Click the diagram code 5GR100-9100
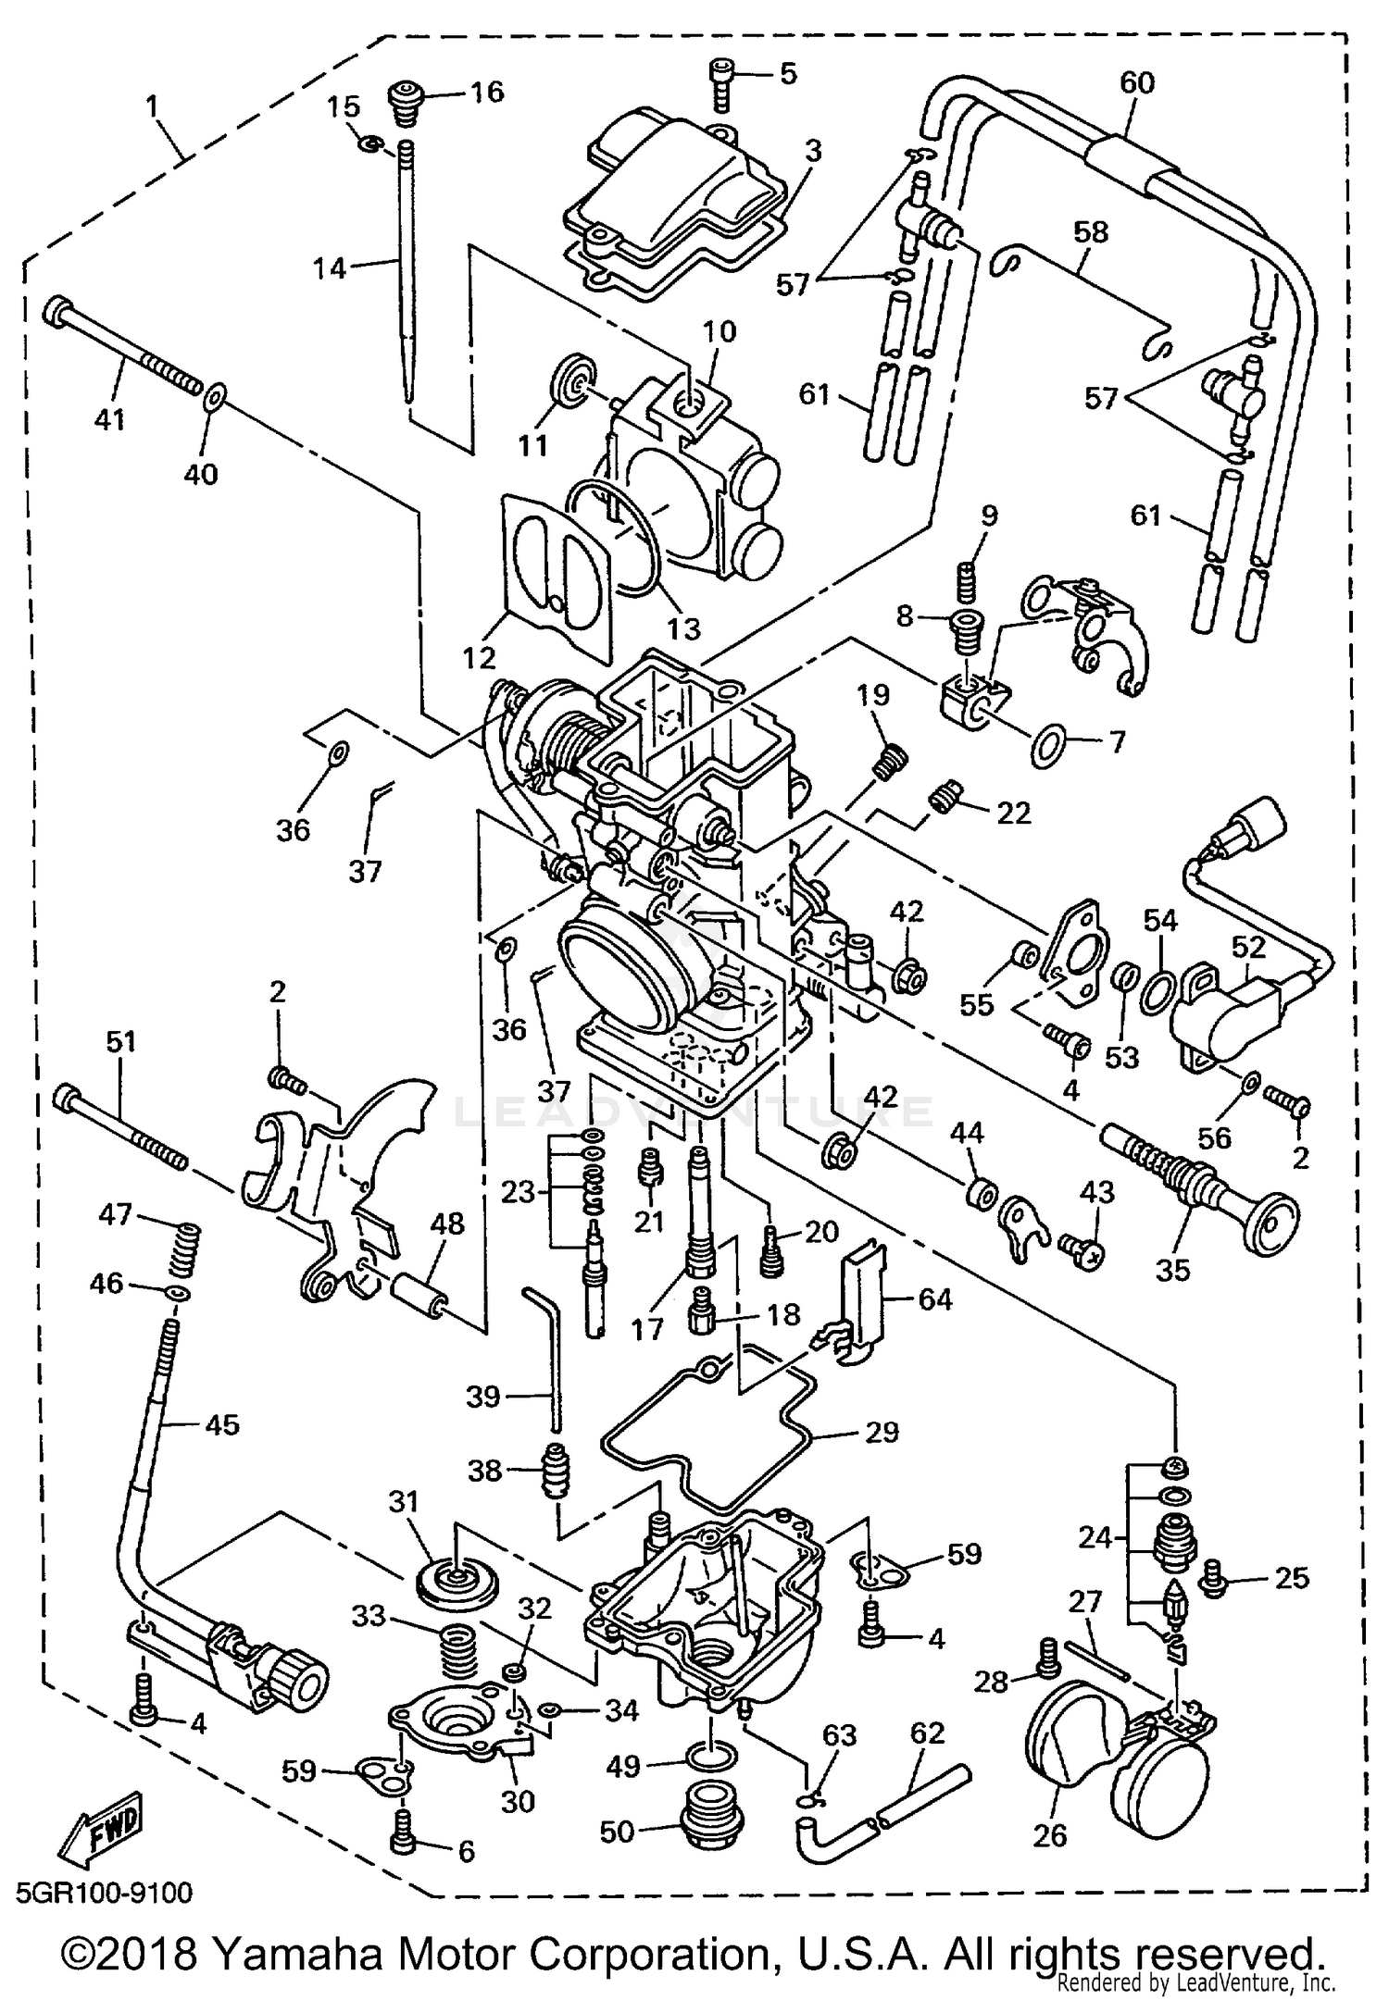[105, 1893]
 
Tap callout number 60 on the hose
[1137, 82]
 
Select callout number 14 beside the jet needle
[330, 268]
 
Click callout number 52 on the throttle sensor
[1247, 946]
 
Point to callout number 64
[935, 1298]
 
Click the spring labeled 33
[459, 1651]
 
